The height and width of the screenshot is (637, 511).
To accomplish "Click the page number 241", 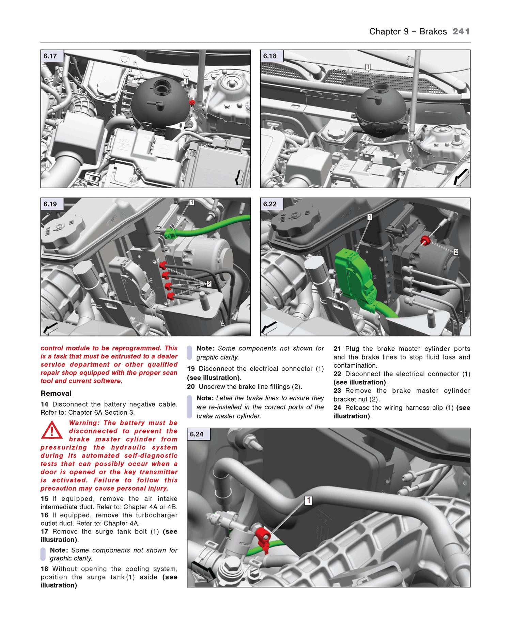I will (x=461, y=31).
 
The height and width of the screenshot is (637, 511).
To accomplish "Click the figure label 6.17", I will (x=50, y=56).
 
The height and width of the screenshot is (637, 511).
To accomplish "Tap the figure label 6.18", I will (x=270, y=56).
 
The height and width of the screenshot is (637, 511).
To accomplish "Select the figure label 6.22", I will (x=270, y=204).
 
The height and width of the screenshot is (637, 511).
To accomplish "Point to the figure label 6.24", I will (x=197, y=434).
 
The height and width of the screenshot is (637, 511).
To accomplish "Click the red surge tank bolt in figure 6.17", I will (x=192, y=102).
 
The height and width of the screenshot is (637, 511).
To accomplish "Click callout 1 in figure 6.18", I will (x=368, y=67).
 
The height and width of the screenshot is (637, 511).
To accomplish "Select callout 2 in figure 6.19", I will (x=209, y=284).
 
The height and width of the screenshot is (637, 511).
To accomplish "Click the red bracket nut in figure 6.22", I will (x=425, y=240).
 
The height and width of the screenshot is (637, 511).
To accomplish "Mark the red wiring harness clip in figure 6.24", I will (x=263, y=538).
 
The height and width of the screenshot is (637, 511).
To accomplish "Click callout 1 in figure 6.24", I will (x=308, y=500).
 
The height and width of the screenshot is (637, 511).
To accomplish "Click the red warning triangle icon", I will (x=52, y=430).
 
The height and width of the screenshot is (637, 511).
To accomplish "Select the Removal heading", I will (x=56, y=393).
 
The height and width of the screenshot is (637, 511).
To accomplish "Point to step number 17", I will (x=44, y=531).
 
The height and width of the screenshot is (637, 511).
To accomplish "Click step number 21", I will (x=337, y=349).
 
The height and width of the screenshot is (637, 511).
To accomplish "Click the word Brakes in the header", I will (x=433, y=31).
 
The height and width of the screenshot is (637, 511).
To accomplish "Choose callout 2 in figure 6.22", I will (x=456, y=252).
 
